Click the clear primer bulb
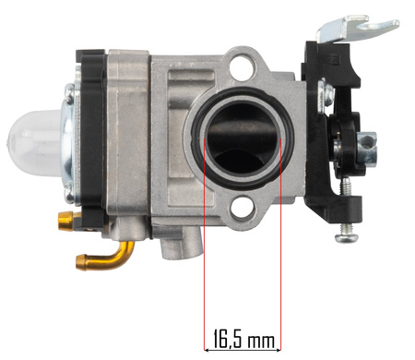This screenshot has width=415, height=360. [x=35, y=143]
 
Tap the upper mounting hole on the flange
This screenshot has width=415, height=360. [x=243, y=66]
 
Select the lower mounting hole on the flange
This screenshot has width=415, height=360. [x=243, y=208]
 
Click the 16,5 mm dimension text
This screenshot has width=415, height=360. [x=243, y=339]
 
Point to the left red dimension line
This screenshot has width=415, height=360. [x=205, y=244]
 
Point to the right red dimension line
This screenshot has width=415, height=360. [x=281, y=244]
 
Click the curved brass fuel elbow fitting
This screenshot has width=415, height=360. [x=106, y=257]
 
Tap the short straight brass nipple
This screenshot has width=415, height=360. [x=66, y=221]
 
